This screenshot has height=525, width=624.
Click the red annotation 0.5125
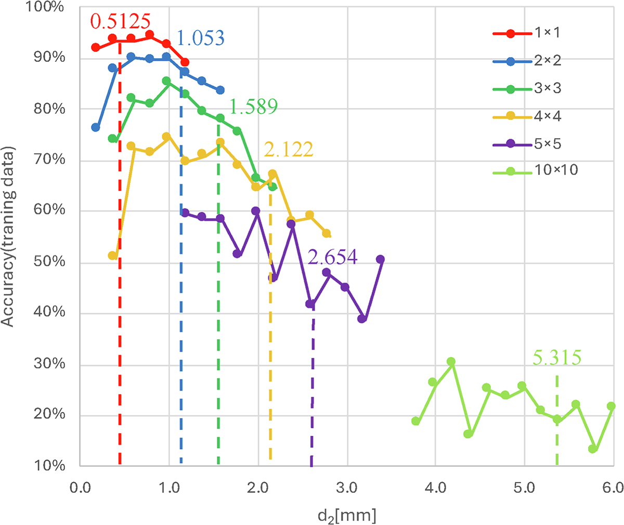(x=120, y=22)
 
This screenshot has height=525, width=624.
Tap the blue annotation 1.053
(x=200, y=38)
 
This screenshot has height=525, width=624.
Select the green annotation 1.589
(x=253, y=106)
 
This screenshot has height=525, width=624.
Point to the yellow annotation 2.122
(x=289, y=150)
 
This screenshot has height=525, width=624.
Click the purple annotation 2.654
(x=333, y=257)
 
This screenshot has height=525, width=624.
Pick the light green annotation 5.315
(x=557, y=358)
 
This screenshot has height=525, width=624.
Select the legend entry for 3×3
(x=547, y=88)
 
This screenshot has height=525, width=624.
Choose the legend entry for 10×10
(x=556, y=170)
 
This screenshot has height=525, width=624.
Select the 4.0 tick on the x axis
(x=435, y=489)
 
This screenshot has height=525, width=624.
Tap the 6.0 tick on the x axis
(x=613, y=489)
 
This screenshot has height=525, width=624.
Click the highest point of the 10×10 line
(x=451, y=361)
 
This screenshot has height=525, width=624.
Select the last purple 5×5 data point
(x=380, y=259)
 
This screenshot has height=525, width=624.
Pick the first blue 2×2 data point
(x=95, y=127)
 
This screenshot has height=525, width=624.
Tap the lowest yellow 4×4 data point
(x=112, y=255)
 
